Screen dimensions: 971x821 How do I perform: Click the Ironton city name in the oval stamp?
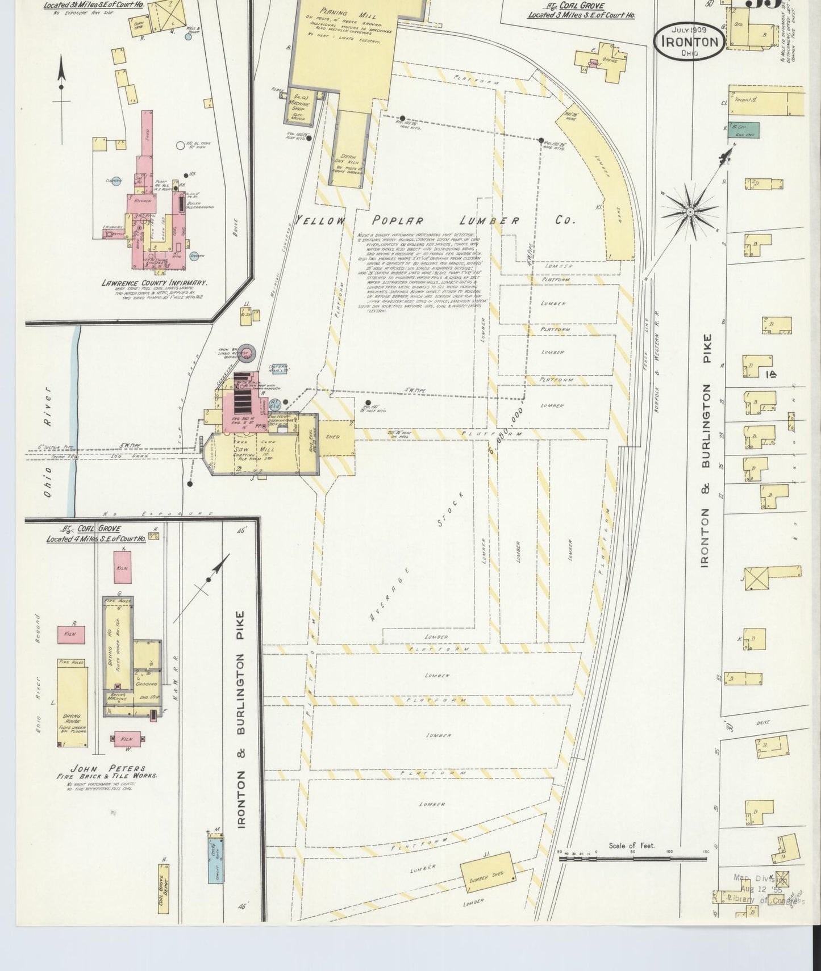click(x=689, y=41)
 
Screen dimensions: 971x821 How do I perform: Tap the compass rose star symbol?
click(x=689, y=212)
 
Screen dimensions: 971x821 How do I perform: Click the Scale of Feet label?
click(x=631, y=846)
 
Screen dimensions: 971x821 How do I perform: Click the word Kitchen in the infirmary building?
click(x=143, y=201)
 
